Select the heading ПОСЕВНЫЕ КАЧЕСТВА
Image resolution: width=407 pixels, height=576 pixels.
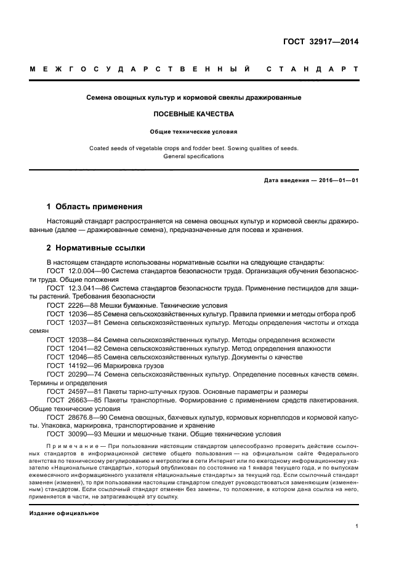193,114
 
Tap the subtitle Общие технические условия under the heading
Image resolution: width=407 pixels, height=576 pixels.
193,131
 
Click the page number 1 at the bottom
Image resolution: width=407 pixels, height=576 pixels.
357,526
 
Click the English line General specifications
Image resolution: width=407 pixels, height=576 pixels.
193,156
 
